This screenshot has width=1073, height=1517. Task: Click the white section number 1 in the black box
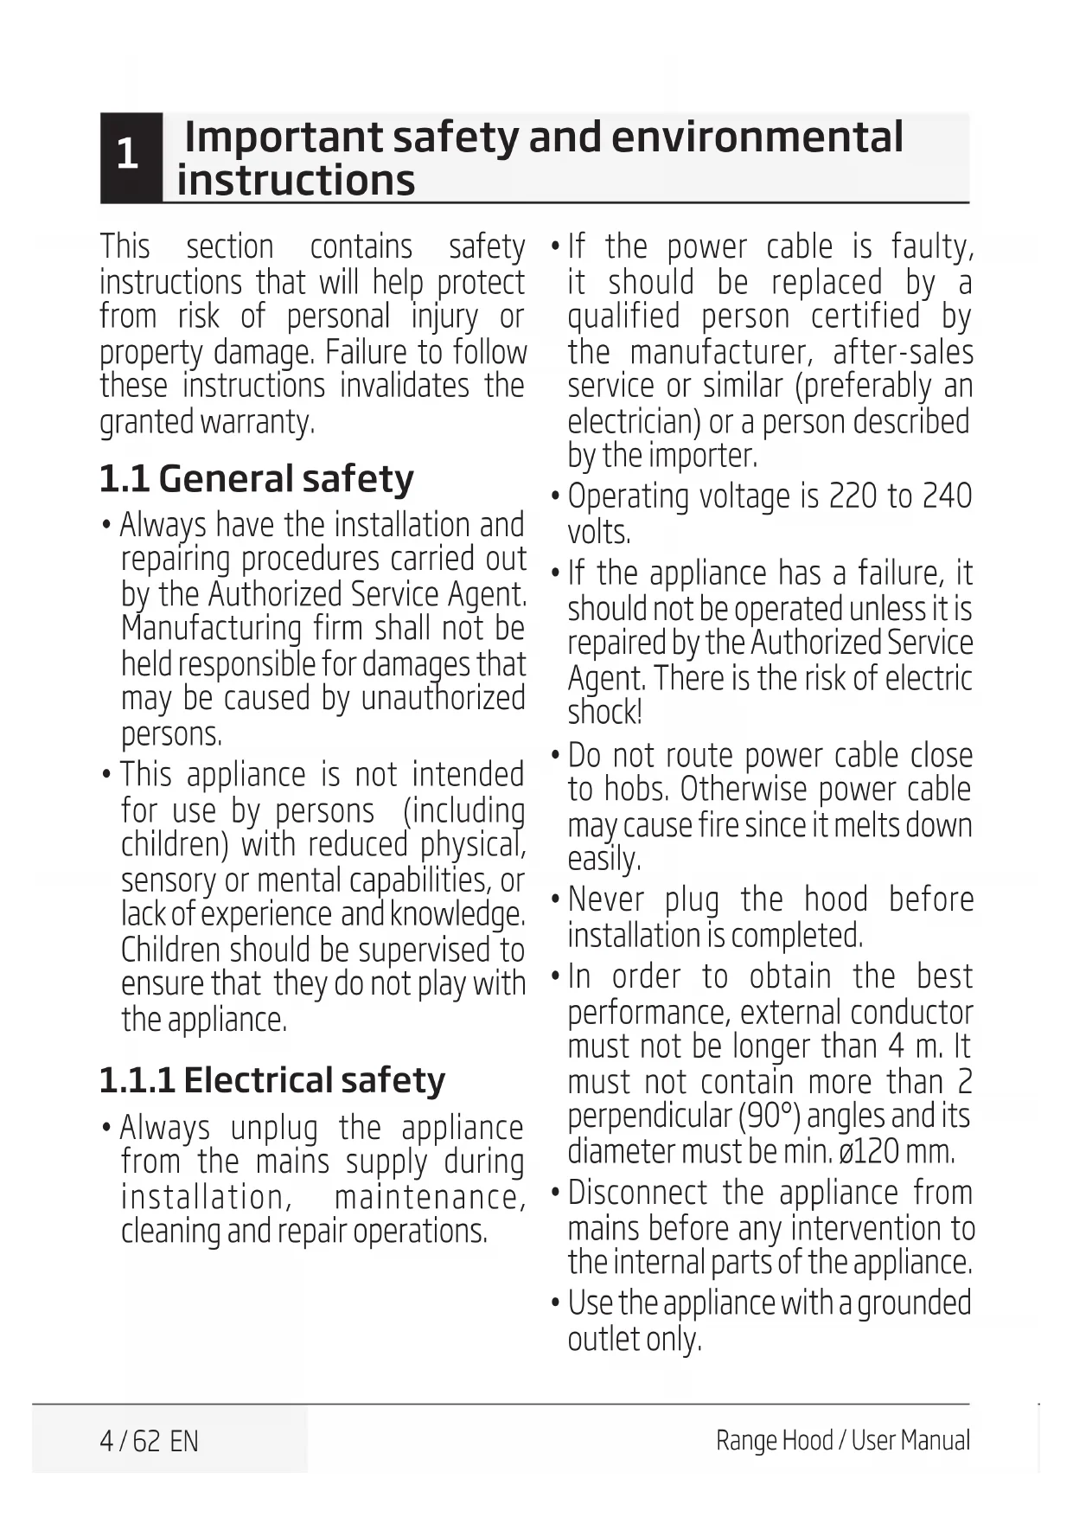(128, 155)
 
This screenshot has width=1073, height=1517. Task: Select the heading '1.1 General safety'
(256, 478)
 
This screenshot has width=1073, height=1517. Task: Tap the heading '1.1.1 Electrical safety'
(271, 1079)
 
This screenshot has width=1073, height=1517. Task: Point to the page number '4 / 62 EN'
(149, 1441)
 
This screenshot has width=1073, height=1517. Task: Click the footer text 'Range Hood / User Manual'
(842, 1440)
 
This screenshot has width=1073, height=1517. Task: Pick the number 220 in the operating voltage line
(853, 496)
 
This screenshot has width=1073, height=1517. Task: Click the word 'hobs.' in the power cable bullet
(635, 790)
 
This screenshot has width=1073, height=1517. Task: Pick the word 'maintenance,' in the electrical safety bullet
(429, 1197)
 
